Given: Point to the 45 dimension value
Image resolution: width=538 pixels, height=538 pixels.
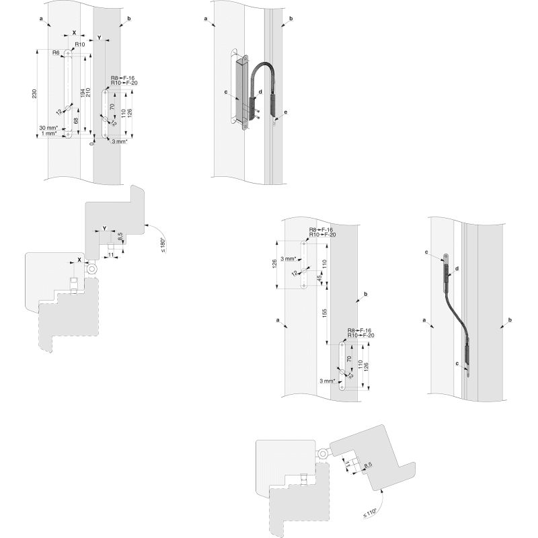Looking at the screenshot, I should coord(319,278).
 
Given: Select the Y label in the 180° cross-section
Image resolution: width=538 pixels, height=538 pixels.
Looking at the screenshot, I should coord(104,229).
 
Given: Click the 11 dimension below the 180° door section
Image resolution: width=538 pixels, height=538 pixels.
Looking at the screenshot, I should coord(112,256).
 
